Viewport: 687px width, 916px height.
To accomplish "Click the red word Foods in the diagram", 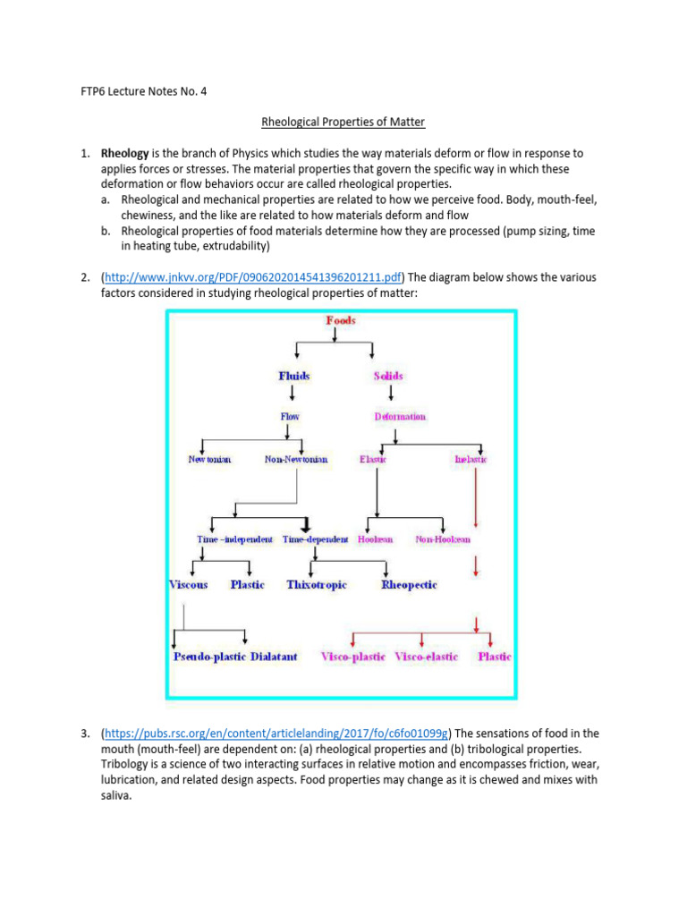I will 340,320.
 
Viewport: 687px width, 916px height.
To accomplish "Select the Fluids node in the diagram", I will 294,377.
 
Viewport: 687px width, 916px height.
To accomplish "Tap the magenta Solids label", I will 388,377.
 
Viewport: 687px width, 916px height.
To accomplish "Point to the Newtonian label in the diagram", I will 209,460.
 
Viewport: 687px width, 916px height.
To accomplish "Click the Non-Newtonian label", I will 296,460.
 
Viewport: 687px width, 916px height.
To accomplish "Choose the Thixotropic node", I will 317,585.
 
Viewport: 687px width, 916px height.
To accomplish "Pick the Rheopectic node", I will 409,585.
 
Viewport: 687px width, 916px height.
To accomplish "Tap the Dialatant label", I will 279,657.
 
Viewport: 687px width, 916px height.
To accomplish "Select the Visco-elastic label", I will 427,657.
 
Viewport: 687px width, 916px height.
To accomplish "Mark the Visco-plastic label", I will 353,657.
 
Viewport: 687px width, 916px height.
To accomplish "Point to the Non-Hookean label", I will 443,540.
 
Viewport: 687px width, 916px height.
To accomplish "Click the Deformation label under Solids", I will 400,417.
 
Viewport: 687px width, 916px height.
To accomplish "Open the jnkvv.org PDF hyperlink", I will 253,277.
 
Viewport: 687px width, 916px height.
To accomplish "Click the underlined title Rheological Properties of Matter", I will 343,122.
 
